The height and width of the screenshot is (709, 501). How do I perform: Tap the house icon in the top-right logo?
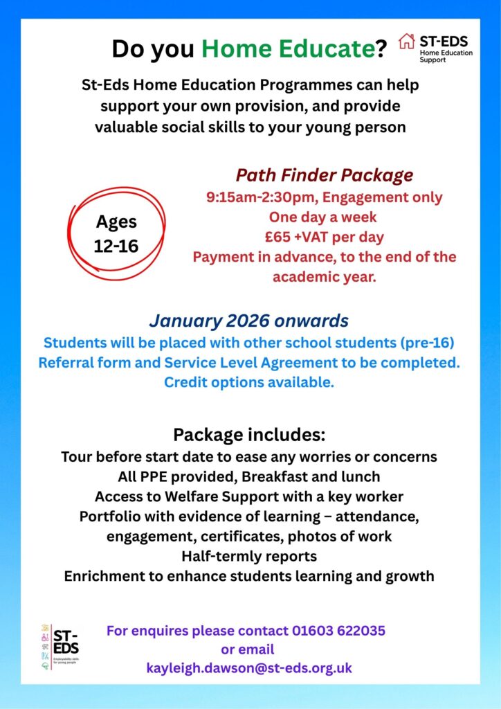[x=407, y=42]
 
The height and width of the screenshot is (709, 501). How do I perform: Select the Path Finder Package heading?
[x=324, y=174]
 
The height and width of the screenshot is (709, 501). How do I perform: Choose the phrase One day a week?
[x=324, y=216]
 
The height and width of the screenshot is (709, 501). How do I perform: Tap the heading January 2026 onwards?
[x=248, y=321]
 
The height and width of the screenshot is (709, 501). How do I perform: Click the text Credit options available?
[x=249, y=382]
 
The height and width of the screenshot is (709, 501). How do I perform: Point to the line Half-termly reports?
[x=249, y=556]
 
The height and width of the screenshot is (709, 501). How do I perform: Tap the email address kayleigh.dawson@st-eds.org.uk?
[x=249, y=668]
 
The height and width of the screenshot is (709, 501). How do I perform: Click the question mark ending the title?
[x=381, y=49]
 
